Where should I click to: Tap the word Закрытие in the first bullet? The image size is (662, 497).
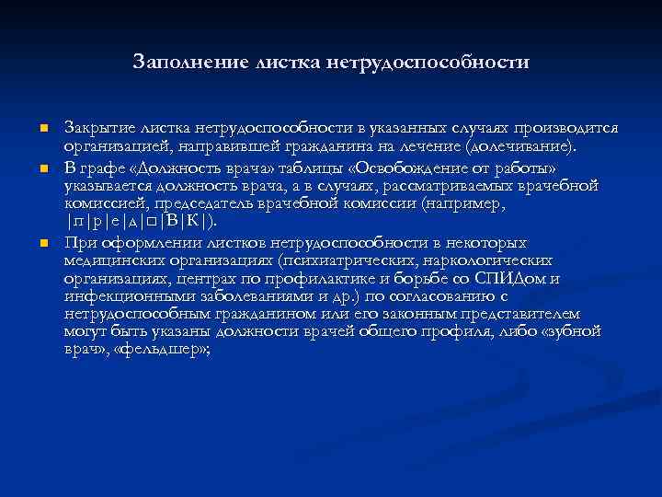click(x=95, y=127)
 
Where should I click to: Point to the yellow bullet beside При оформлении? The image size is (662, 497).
click(x=42, y=244)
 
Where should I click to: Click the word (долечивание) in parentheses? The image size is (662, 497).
click(x=519, y=146)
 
